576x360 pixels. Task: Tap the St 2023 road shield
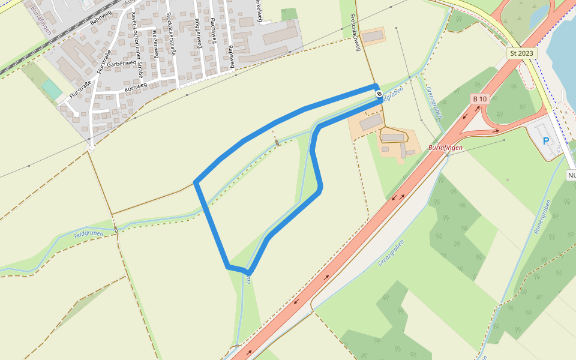coord(521,53)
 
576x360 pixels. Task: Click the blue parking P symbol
coord(546,142)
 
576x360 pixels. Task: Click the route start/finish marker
coord(379,93)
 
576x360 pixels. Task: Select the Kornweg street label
coord(136,88)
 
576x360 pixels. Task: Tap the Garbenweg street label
coord(122,63)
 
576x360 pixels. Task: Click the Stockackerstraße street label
coord(171,34)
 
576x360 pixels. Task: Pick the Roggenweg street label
coord(198,34)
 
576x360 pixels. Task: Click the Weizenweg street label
coord(155,43)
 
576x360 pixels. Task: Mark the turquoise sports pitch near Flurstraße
coord(52,90)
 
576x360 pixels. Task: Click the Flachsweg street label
coord(214,29)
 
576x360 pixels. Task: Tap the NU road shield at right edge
coord(571,175)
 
